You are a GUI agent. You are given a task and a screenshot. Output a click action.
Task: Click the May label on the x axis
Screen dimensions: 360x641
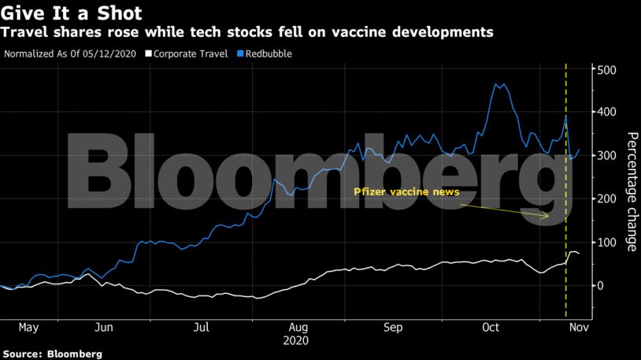coord(28,327)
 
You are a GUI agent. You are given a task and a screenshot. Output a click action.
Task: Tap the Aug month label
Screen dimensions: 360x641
coord(298,327)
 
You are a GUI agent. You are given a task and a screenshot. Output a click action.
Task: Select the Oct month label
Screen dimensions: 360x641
coord(491,327)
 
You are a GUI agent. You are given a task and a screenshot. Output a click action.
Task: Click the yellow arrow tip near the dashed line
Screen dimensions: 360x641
coord(549,216)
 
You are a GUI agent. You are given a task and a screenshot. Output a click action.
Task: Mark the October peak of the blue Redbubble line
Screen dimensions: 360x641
coord(497,84)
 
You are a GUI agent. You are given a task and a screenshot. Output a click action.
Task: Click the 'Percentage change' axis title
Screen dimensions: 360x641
coord(632,192)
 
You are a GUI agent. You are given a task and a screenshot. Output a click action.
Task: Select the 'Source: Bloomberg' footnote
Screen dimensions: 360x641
coord(52,354)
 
